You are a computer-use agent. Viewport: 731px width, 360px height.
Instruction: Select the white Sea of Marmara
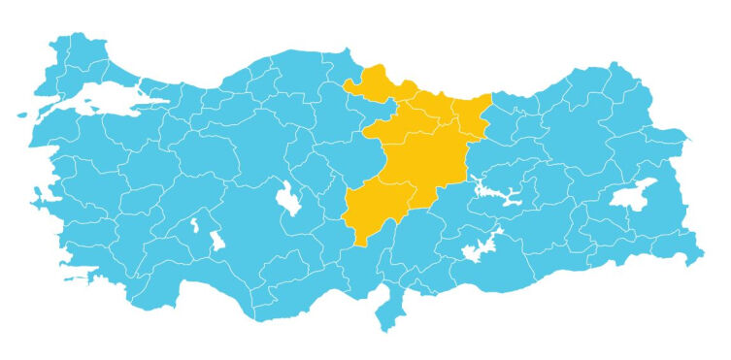[97, 98]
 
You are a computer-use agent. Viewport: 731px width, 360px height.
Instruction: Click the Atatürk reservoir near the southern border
[480, 249]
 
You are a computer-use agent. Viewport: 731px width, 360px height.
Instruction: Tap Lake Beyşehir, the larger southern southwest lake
[216, 241]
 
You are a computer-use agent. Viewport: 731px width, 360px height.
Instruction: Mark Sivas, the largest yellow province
[427, 160]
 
